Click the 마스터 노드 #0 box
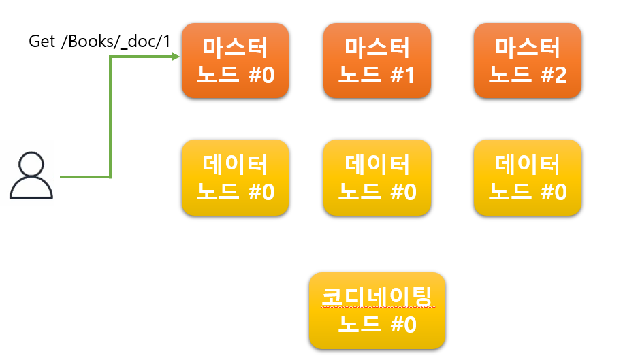pyautogui.click(x=235, y=61)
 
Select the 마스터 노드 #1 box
pyautogui.click(x=377, y=61)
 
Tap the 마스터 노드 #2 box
pyautogui.click(x=527, y=61)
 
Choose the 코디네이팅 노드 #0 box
pyautogui.click(x=377, y=310)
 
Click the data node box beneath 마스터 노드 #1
pyautogui.click(x=377, y=178)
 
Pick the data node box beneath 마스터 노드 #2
pyautogui.click(x=527, y=178)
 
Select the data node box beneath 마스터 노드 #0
pyautogui.click(x=235, y=178)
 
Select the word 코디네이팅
pyautogui.click(x=377, y=297)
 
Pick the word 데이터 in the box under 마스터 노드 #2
pyautogui.click(x=527, y=164)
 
